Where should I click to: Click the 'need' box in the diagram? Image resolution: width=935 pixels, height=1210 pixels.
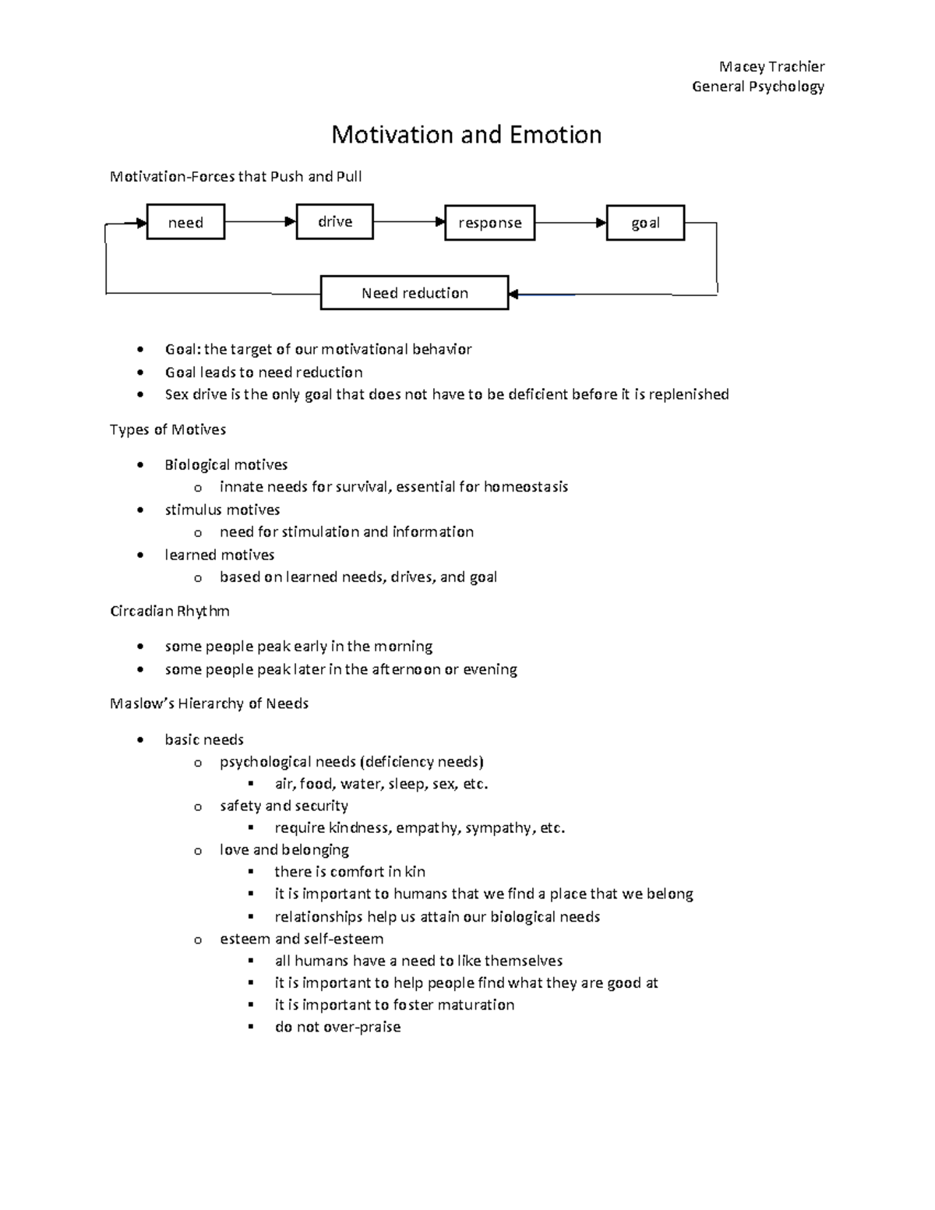click(185, 222)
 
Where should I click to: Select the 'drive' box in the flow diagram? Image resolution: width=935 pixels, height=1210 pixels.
click(335, 221)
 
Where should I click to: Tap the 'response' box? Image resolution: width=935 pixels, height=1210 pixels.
click(489, 223)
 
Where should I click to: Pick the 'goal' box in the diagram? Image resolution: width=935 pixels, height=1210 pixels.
click(645, 223)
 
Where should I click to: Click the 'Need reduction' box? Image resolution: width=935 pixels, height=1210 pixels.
click(415, 293)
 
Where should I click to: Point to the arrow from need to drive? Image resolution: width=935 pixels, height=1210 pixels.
click(260, 221)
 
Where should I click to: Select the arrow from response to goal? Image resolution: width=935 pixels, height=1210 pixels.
click(570, 223)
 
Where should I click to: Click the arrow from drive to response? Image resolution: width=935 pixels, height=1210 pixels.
click(409, 222)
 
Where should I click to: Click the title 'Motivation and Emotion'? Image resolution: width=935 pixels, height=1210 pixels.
click(467, 135)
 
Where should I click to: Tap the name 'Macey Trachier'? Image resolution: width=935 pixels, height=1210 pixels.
click(771, 66)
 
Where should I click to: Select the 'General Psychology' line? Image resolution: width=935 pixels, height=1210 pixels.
click(758, 86)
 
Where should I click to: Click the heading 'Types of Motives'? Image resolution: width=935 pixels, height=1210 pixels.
click(168, 429)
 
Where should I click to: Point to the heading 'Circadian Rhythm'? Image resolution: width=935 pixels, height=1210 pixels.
click(170, 611)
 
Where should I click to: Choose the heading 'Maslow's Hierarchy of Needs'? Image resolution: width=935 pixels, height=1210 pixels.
click(210, 704)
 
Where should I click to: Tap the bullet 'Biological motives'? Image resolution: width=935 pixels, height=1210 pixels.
click(226, 465)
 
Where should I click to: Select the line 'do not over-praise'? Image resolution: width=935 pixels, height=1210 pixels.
click(337, 1027)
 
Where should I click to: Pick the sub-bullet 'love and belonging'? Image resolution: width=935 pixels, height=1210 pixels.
click(284, 849)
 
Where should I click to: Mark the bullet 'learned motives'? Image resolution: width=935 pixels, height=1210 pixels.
click(220, 555)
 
